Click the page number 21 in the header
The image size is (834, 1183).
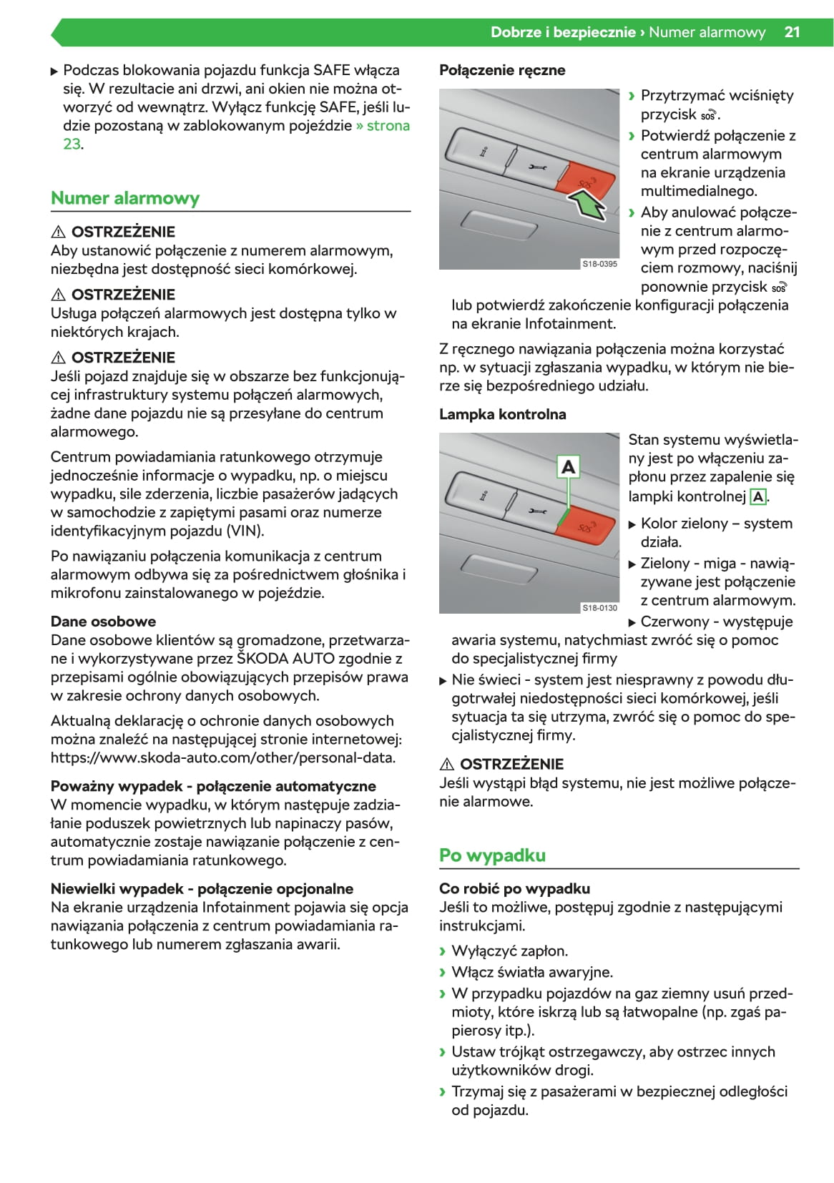click(792, 32)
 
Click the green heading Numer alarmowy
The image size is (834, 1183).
click(125, 198)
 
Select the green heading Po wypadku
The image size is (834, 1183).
click(492, 855)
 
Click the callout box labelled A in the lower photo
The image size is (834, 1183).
click(568, 467)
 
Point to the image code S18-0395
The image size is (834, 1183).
click(599, 264)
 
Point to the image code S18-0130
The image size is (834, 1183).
click(599, 608)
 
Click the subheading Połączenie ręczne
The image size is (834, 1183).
click(502, 70)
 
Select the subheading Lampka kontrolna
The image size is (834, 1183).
click(502, 414)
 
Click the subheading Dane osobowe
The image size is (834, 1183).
click(103, 622)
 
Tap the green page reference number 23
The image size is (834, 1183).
click(72, 144)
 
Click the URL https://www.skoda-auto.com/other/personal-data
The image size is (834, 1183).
click(223, 758)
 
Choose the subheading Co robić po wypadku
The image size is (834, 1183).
click(514, 889)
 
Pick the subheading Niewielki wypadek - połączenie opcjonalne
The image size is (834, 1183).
click(202, 889)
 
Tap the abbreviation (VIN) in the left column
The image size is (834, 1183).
click(245, 531)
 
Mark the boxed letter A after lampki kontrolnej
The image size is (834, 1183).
click(757, 496)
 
